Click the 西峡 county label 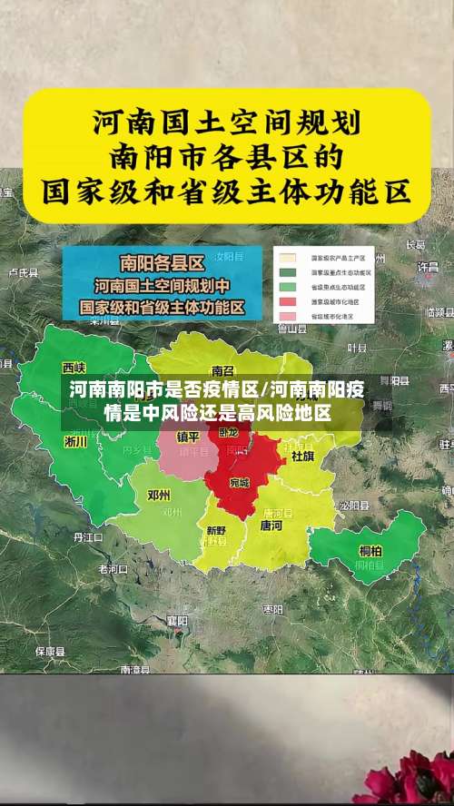(74, 368)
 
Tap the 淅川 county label (76, 441)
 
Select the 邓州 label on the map (158, 496)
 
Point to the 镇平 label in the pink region (187, 436)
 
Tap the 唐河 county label (271, 525)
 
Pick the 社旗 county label (302, 456)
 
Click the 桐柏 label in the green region (370, 551)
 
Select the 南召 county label (222, 370)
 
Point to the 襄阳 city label (177, 621)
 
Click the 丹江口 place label (89, 537)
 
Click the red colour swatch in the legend (288, 301)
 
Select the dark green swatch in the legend (288, 271)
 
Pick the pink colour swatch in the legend (288, 316)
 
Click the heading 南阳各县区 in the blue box (162, 264)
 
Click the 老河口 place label (113, 569)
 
